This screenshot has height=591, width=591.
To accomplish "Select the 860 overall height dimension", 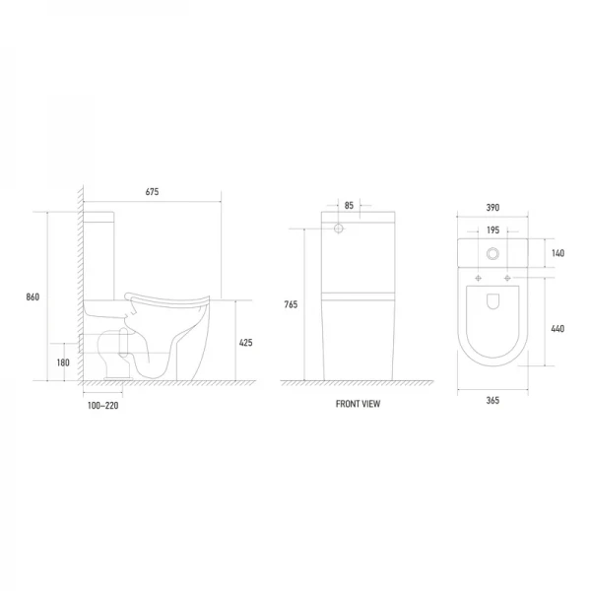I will (x=33, y=297).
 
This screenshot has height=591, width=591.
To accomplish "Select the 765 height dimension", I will (x=291, y=304).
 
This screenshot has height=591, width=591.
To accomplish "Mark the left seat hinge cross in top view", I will (x=479, y=279).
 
